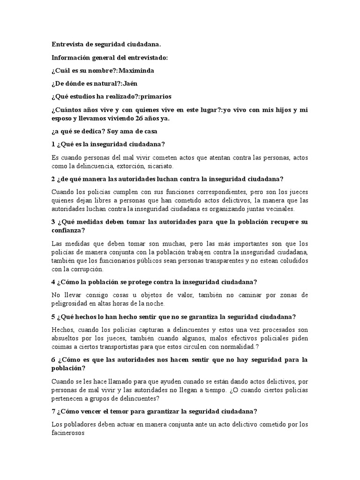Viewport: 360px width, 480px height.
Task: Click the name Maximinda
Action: pyautogui.click(x=136, y=71)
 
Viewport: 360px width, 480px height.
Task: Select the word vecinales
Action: pyautogui.click(x=278, y=209)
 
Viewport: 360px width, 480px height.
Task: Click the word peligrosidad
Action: pyautogui.click(x=71, y=304)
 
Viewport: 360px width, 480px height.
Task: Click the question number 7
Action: pyautogui.click(x=53, y=412)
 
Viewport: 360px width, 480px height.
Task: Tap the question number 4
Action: pyautogui.click(x=53, y=282)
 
